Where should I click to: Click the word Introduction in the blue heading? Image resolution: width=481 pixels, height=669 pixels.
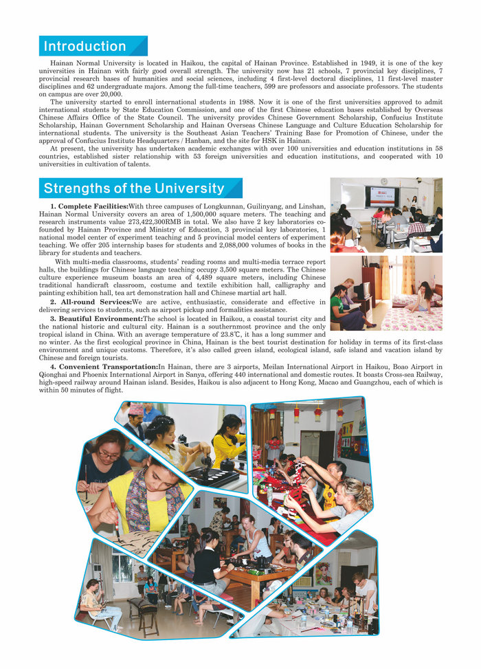pyautogui.click(x=85, y=47)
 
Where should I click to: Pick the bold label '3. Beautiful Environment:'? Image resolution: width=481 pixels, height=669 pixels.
pyautogui.click(x=96, y=318)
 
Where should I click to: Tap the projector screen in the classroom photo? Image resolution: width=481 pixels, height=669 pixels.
pyautogui.click(x=384, y=196)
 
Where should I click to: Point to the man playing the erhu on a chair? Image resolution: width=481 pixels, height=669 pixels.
pyautogui.click(x=91, y=603)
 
